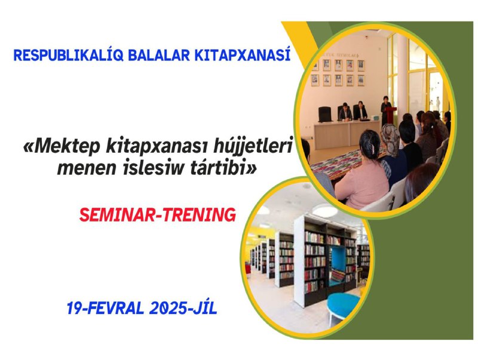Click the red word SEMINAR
click(119, 215)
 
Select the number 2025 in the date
click(168, 308)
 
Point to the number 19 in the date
click(73, 308)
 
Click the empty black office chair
click(324, 114)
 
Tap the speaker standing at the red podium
click(385, 109)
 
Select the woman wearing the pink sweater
click(362, 173)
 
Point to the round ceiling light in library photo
click(324, 211)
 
